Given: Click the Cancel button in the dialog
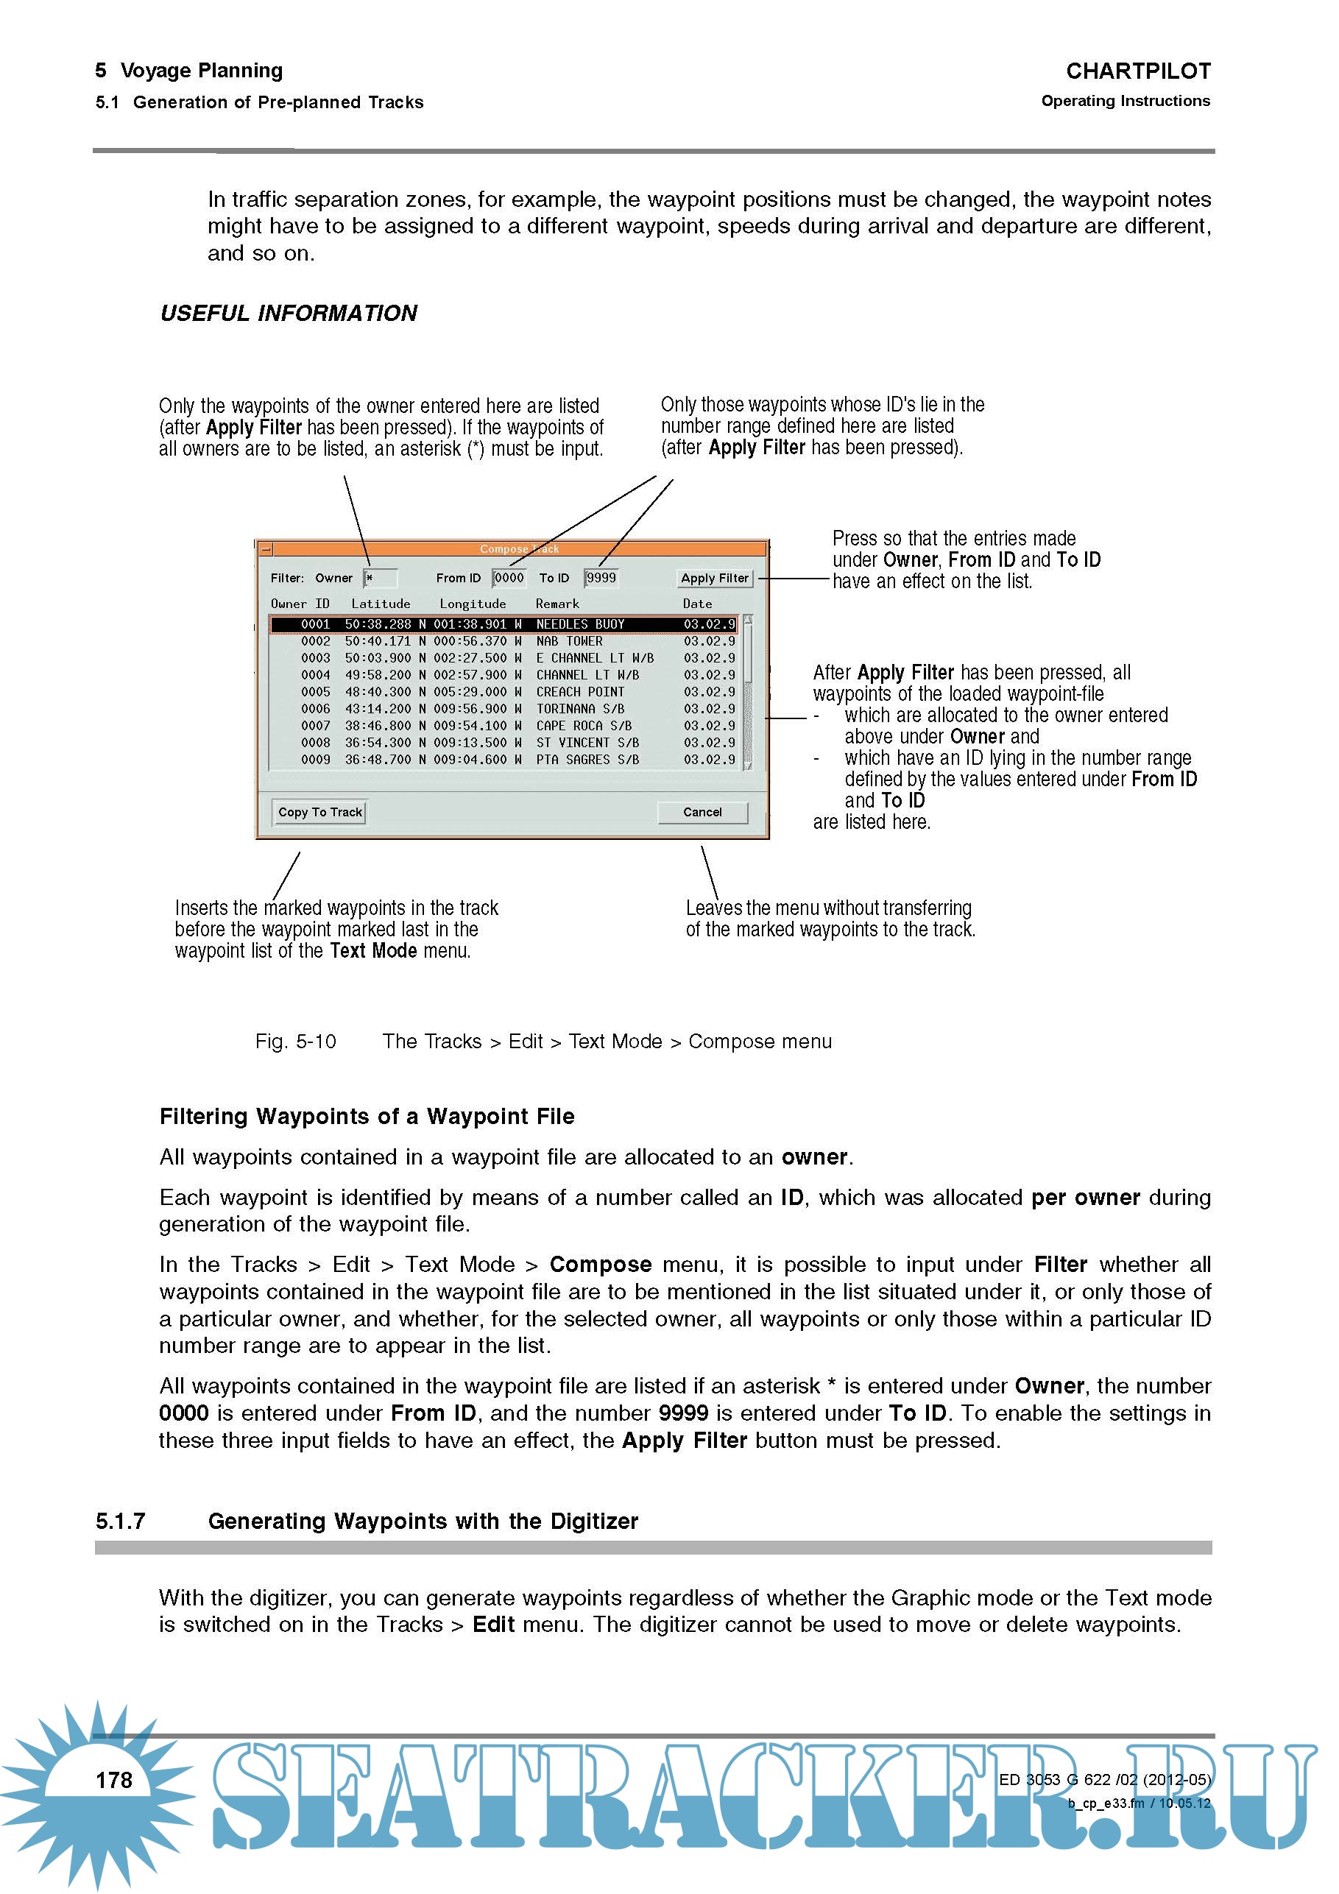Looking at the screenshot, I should [702, 813].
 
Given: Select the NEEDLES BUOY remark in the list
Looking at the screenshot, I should [580, 624].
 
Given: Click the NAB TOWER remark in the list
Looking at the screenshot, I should [569, 641].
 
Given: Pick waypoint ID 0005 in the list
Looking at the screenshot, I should [315, 692].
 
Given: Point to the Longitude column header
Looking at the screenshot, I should [473, 604].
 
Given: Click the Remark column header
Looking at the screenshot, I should [557, 604].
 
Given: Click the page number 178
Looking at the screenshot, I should [114, 1780].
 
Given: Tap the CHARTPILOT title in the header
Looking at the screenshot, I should [1138, 71].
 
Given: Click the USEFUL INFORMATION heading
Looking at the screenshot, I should [289, 314].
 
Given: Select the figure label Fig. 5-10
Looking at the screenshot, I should [295, 1042].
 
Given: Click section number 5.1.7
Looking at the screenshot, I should [121, 1521].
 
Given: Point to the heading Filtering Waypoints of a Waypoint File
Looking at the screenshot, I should [367, 1117].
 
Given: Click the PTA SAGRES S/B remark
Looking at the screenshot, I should [587, 760].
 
